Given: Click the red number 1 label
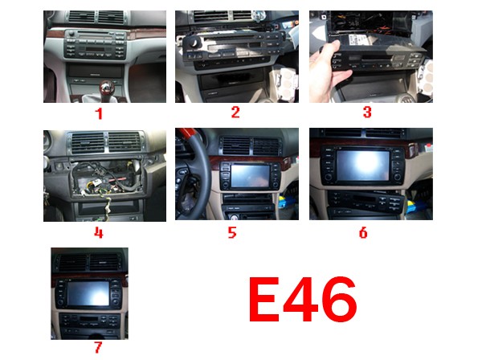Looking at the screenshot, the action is pos(99,114).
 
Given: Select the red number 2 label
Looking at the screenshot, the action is pos(235,112).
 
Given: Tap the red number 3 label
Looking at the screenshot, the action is pos(367,112).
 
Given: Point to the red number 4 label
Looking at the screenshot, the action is pos(98,233).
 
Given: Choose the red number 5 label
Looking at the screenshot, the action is pos(232,232).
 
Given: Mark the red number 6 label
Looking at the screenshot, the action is pos(363,233).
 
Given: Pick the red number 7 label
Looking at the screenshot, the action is pos(98,347).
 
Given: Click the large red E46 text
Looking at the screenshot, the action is pos(303,299).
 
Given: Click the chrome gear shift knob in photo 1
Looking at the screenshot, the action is pos(107,88).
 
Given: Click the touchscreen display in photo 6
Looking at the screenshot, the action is pos(364,166).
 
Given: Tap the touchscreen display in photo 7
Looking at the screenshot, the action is pos(88,293).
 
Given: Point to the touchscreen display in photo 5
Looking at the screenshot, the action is pos(250,175).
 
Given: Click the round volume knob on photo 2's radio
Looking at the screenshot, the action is pos(194,43).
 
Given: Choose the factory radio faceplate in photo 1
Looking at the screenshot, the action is pos(96,44).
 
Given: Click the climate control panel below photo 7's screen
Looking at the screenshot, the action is pos(89,321).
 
